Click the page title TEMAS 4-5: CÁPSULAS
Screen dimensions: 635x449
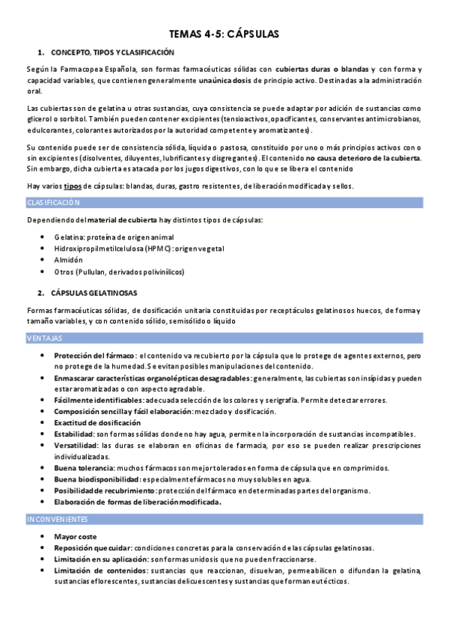point(224,34)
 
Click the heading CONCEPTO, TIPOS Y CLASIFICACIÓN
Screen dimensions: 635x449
point(112,52)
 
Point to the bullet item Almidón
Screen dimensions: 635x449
point(68,260)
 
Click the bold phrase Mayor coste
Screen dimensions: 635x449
point(75,537)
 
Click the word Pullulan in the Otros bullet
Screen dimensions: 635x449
point(102,271)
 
